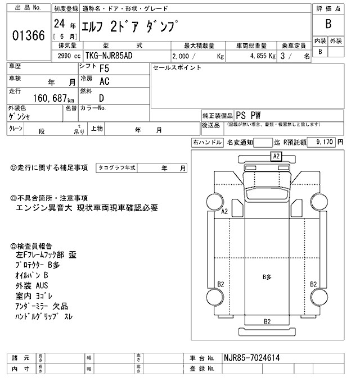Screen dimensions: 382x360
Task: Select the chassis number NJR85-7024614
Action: (253, 358)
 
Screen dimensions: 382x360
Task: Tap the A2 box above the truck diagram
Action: (276, 157)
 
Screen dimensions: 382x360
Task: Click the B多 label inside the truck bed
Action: (267, 277)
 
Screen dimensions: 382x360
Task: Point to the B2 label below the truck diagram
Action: (267, 321)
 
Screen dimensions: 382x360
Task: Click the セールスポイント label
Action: (177, 68)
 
